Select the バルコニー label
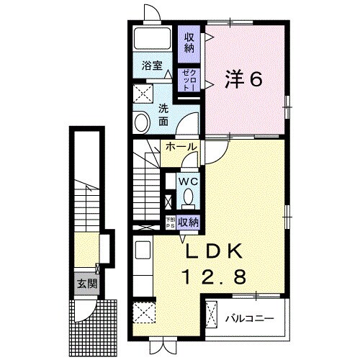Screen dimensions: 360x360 [249, 317]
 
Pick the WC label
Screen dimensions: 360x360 [189, 181]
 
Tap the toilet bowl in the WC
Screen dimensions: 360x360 [189, 197]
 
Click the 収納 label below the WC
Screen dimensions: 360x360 [188, 222]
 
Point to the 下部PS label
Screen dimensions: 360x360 [170, 222]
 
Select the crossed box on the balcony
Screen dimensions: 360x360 [212, 315]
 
